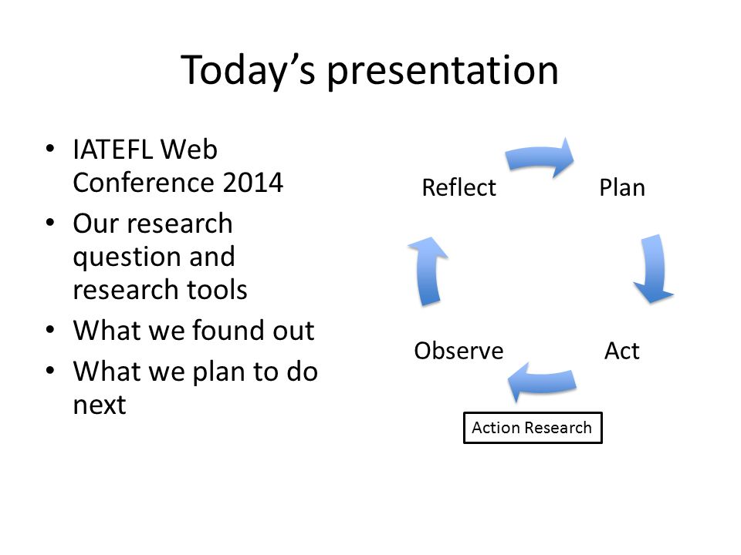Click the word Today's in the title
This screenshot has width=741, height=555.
[x=248, y=71]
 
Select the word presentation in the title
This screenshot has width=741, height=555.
[x=443, y=72]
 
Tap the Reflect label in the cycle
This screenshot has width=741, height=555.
[x=458, y=188]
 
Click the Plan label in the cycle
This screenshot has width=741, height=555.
[x=622, y=188]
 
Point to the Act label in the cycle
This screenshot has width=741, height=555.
[x=622, y=351]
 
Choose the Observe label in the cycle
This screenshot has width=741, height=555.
[x=458, y=351]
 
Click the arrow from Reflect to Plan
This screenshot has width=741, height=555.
[x=540, y=157]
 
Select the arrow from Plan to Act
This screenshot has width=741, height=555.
[x=655, y=269]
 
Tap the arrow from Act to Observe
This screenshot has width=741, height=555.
[x=542, y=382]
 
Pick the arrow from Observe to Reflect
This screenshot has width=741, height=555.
[x=428, y=271]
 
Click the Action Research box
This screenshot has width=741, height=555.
[x=533, y=428]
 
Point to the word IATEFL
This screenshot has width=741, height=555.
[x=113, y=150]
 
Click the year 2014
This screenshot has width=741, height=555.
[x=253, y=183]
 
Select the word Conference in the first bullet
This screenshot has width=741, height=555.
[x=144, y=183]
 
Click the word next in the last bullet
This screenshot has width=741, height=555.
[x=100, y=405]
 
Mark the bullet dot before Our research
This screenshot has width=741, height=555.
[x=50, y=222]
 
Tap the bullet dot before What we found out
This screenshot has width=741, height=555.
[x=50, y=329]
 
